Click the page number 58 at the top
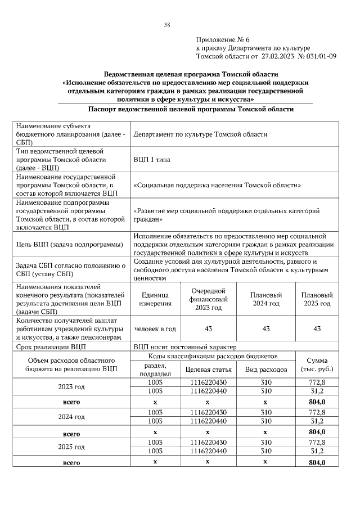pos(166,25)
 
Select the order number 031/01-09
pos(321,56)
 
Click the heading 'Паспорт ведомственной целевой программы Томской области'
pos(191,109)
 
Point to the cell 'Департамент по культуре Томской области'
pos(200,134)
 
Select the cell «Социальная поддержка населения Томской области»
pos(217,185)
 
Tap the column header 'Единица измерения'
pos(155,299)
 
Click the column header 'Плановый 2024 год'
pos(266,299)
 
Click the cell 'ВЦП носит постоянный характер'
pos(185,347)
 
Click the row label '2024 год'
pos(71,417)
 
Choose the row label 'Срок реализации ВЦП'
pos(51,347)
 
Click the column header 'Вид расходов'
pos(266,370)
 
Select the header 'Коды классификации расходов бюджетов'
pos(213,357)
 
